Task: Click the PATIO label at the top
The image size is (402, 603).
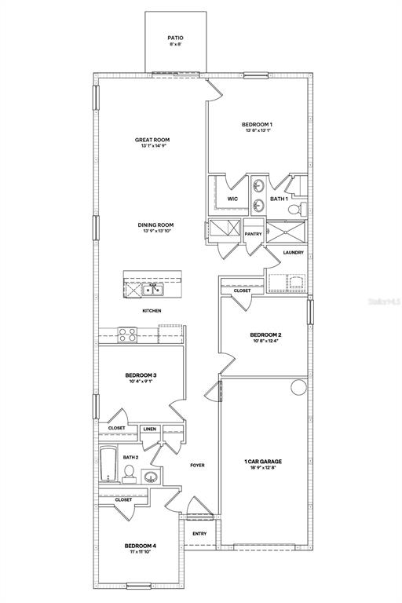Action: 175,37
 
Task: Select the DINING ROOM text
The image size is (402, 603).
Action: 158,225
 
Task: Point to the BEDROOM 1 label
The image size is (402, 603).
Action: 257,125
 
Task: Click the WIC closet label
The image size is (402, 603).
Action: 232,199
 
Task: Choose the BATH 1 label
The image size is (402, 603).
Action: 280,199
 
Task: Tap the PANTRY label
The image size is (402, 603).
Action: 253,233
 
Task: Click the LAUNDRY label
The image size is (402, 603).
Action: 294,252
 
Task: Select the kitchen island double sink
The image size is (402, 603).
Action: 153,290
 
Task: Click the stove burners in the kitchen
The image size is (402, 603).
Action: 127,335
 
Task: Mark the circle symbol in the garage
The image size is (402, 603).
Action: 298,386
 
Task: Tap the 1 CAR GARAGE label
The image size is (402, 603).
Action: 265,462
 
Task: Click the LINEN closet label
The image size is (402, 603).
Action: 150,429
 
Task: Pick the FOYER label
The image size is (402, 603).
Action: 198,466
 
